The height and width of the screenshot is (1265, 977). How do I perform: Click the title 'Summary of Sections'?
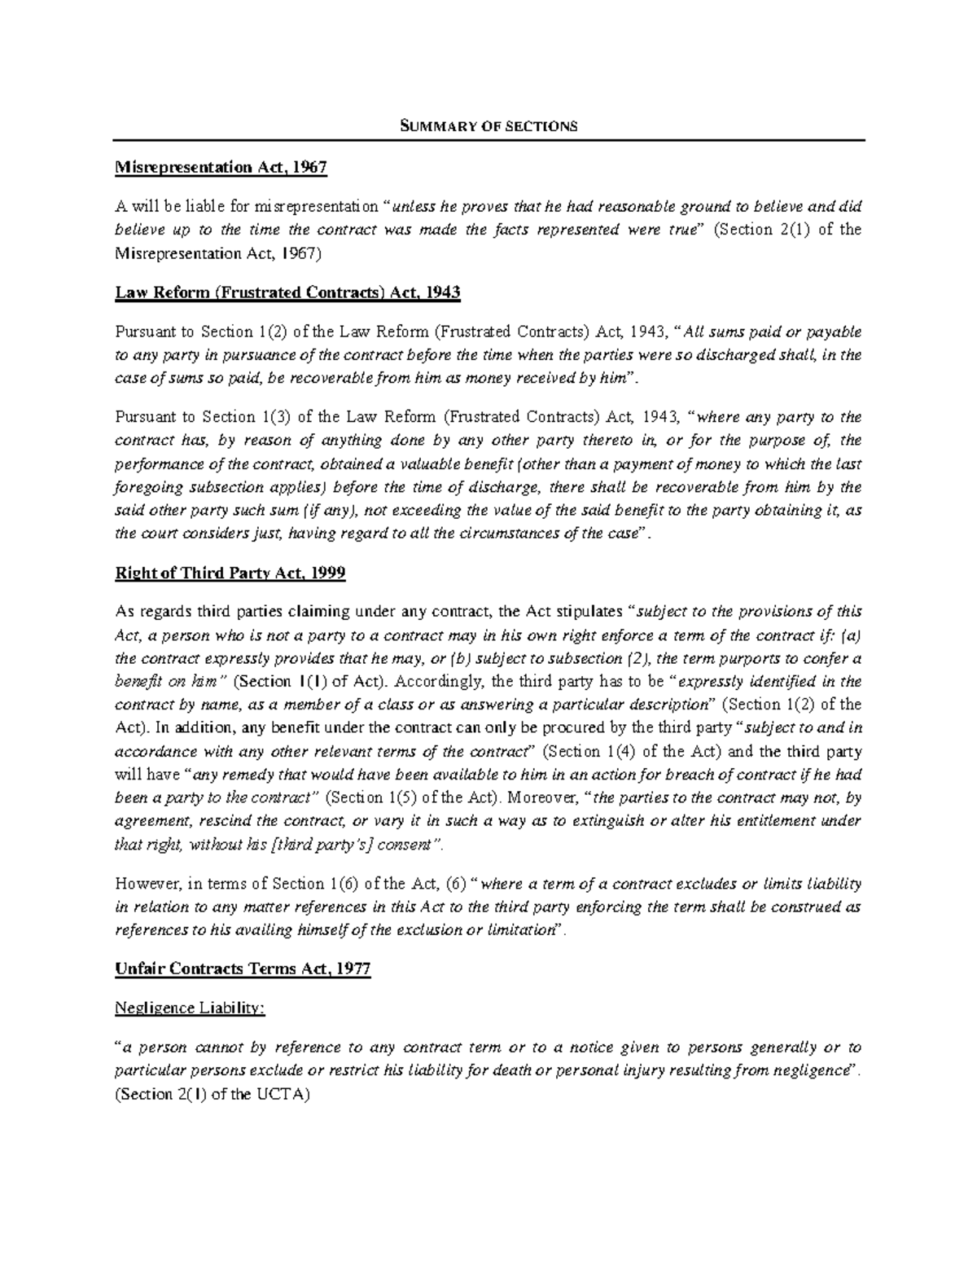[x=488, y=125]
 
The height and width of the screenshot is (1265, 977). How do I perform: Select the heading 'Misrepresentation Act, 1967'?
[x=221, y=168]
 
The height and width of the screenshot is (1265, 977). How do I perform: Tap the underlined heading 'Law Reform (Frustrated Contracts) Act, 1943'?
[x=288, y=292]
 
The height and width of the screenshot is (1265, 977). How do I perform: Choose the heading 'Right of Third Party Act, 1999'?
[x=230, y=573]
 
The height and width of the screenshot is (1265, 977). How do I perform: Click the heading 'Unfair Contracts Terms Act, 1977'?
[x=243, y=969]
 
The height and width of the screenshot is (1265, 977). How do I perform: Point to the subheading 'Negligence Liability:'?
[x=191, y=1008]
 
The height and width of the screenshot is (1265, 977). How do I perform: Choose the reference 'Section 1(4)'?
[x=587, y=750]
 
